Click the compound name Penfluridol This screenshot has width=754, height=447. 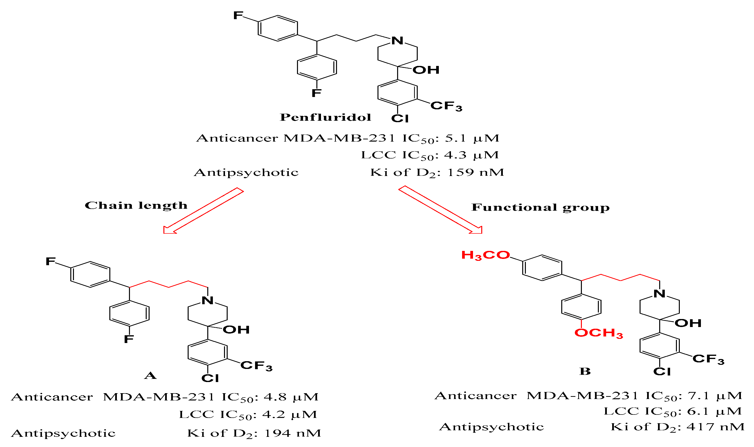[x=325, y=117]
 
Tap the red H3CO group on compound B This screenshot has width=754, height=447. [x=485, y=255]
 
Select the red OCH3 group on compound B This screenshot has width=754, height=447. [x=599, y=333]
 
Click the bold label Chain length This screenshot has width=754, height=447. [x=136, y=205]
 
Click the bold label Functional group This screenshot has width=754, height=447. [x=540, y=207]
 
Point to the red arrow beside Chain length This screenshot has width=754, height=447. [x=203, y=211]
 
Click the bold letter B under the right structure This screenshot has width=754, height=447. [x=585, y=371]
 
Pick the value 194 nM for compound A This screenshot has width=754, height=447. [x=292, y=433]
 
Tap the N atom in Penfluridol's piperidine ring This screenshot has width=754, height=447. [x=397, y=41]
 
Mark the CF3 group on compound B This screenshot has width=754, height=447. [x=708, y=359]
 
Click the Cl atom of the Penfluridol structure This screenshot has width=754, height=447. [x=400, y=118]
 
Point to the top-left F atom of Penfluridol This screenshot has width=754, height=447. [x=238, y=15]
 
